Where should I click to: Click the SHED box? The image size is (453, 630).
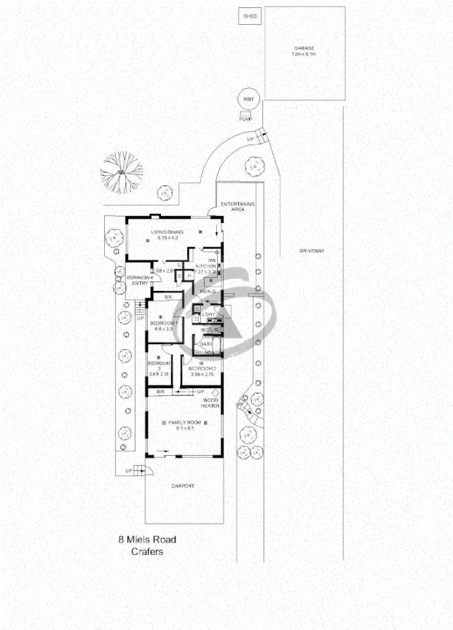(x=251, y=15)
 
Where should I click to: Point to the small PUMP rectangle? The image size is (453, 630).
(x=245, y=118)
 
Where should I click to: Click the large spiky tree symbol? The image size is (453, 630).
(x=120, y=172)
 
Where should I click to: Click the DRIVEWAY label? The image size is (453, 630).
(x=311, y=251)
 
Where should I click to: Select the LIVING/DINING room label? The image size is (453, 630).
(x=167, y=233)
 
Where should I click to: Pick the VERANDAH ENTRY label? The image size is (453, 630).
(x=138, y=281)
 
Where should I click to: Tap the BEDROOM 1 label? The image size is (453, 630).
(x=164, y=323)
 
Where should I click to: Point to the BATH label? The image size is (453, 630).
(x=206, y=345)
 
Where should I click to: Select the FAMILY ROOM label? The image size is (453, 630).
(x=184, y=423)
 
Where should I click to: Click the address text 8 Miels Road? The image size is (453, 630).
(x=147, y=540)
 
